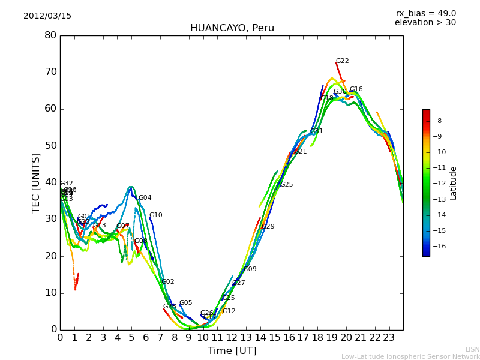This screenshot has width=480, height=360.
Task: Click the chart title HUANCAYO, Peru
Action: pyautogui.click(x=232, y=28)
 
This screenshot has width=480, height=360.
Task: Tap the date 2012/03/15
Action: pyautogui.click(x=47, y=16)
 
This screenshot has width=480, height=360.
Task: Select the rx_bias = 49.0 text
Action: pyautogui.click(x=425, y=14)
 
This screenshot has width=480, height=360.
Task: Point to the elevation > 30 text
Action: pyautogui.click(x=425, y=23)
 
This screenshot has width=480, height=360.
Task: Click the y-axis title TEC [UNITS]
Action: pyautogui.click(x=37, y=183)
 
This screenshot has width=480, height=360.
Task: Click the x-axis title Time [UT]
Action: pyautogui.click(x=232, y=351)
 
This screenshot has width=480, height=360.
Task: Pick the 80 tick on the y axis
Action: pyautogui.click(x=50, y=35)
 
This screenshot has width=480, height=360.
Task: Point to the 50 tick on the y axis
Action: pyautogui.click(x=50, y=146)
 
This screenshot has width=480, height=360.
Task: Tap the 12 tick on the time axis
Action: pyautogui.click(x=232, y=338)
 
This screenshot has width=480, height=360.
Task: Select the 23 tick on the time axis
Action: pyautogui.click(x=389, y=338)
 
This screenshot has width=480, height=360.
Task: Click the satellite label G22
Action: pyautogui.click(x=342, y=61)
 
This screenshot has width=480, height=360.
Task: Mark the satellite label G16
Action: pyautogui.click(x=356, y=89)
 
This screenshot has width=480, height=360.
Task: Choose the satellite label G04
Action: pyautogui.click(x=145, y=198)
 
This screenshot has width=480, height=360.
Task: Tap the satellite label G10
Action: pyautogui.click(x=155, y=215)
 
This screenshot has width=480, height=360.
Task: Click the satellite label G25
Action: pyautogui.click(x=286, y=185)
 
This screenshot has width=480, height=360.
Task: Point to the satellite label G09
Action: pyautogui.click(x=250, y=269)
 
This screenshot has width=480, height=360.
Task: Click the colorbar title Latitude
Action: pyautogui.click(x=454, y=183)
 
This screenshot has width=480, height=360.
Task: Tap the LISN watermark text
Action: pyautogui.click(x=472, y=349)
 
